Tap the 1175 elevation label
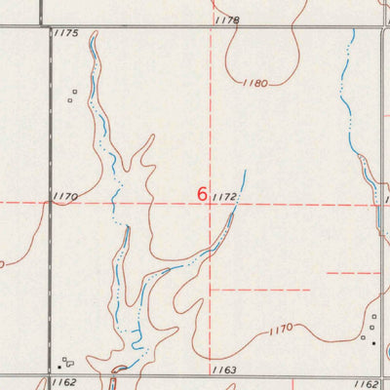coord(66,33)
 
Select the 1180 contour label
coord(254,85)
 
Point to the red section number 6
coord(202,194)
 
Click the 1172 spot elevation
coord(223,197)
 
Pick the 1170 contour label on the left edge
coord(66,196)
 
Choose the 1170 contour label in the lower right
coord(279,330)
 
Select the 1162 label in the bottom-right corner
coord(366,384)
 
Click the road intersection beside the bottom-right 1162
coord(381,375)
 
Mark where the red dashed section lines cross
coord(212,203)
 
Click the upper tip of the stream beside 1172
coord(245,172)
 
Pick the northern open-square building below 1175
coord(74,93)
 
